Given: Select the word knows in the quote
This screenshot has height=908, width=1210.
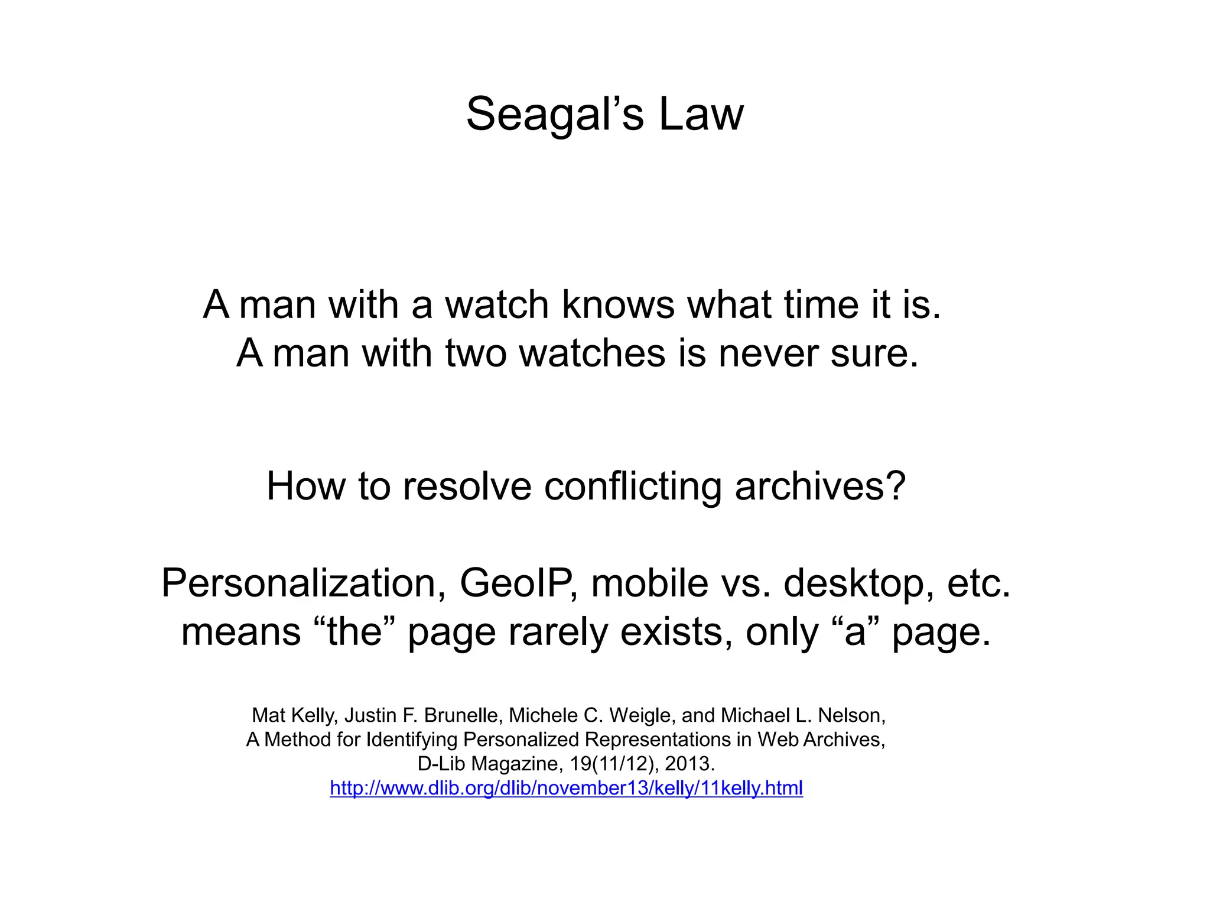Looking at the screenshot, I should click(x=618, y=305).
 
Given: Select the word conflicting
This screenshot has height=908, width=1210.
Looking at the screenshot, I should click(x=632, y=487).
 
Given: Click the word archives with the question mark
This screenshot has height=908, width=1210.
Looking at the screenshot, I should click(x=820, y=487).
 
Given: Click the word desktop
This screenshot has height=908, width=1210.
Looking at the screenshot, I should click(x=859, y=583).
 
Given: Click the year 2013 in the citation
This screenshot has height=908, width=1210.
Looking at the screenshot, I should click(x=689, y=764).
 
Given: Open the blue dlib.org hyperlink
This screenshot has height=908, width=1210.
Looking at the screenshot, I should click(x=566, y=789).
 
